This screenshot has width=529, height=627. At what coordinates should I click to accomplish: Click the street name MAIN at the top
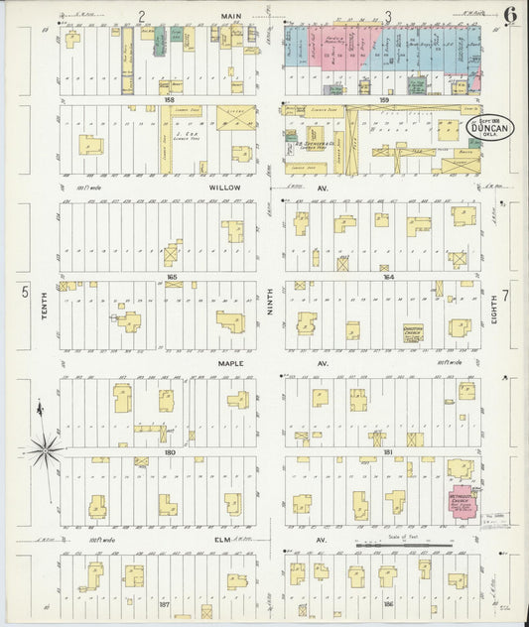click(231, 16)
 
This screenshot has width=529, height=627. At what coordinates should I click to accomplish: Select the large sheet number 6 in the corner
click(507, 17)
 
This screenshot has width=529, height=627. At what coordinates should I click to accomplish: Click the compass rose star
click(45, 450)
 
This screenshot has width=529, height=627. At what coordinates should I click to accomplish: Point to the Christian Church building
click(413, 333)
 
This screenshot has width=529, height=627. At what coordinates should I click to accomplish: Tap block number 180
click(170, 452)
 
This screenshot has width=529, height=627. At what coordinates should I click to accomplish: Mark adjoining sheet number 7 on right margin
click(506, 295)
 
